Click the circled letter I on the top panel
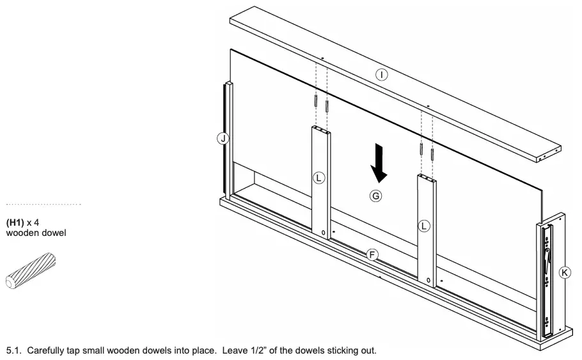[x=381, y=75]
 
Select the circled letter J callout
[x=223, y=138]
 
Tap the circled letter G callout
[x=376, y=196]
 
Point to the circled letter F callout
[x=372, y=255]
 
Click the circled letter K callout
[x=565, y=272]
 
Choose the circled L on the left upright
[x=319, y=178]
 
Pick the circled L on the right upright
[x=425, y=226]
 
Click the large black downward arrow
[x=379, y=162]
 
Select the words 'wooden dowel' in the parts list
[x=36, y=233]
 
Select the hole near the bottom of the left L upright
[x=324, y=232]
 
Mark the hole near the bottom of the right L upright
[x=429, y=280]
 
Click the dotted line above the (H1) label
[x=43, y=205]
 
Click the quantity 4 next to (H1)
[x=38, y=223]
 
